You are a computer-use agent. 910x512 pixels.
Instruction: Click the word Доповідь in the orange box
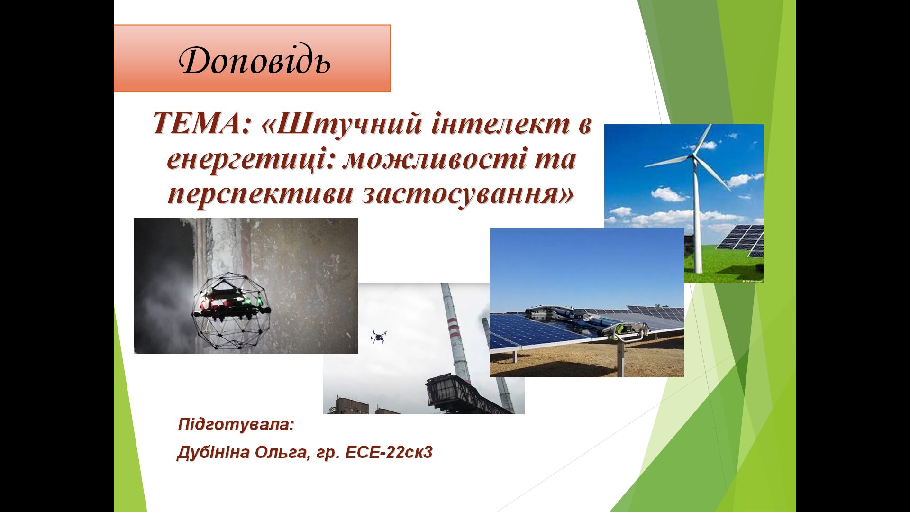255,61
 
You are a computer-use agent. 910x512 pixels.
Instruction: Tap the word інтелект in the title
497,124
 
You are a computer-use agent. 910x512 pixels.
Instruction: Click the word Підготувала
236,424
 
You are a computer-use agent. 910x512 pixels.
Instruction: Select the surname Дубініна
213,453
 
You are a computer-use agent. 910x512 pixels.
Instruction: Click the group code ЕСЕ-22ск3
389,453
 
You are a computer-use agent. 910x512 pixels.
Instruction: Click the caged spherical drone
231,311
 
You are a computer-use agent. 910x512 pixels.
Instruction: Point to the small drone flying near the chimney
378,337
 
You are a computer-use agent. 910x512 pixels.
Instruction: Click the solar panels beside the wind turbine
741,241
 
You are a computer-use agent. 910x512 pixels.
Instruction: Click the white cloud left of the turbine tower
668,194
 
